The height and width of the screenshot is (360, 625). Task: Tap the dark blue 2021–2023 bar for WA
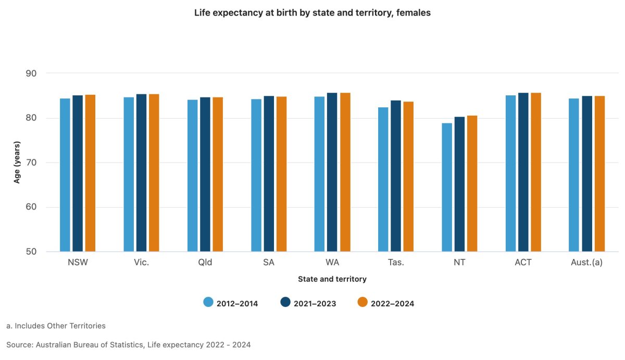pos(332,172)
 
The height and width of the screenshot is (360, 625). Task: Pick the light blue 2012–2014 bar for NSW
pos(65,175)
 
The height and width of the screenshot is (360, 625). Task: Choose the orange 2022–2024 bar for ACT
pos(536,172)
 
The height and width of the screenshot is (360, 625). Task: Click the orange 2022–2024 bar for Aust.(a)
pos(599,174)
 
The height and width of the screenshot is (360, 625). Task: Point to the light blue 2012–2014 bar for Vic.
pos(129,175)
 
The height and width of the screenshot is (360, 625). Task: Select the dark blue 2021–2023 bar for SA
pos(269,174)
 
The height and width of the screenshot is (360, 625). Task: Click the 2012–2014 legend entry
pos(231,303)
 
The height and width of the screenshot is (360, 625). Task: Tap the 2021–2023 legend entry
pos(308,303)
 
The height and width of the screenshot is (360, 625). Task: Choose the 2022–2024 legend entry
pos(386,303)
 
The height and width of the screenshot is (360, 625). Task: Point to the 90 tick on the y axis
pos(31,73)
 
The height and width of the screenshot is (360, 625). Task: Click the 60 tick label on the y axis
pos(31,207)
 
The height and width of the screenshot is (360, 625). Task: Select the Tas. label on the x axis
pos(396,263)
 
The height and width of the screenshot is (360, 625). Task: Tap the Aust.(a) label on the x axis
pos(586,263)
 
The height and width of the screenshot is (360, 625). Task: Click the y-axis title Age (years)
pos(17,163)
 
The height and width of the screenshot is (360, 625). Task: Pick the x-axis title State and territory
pos(332,279)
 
